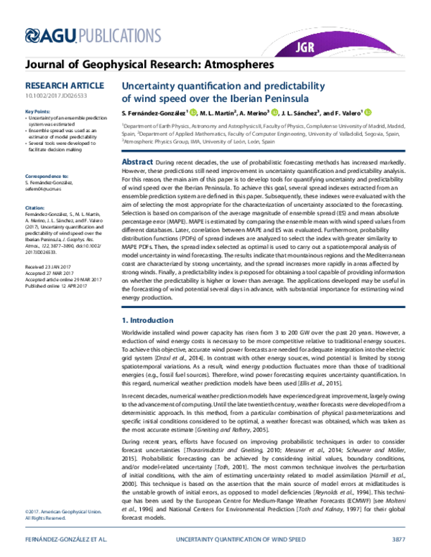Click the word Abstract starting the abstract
137,164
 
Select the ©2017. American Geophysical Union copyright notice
59,511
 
